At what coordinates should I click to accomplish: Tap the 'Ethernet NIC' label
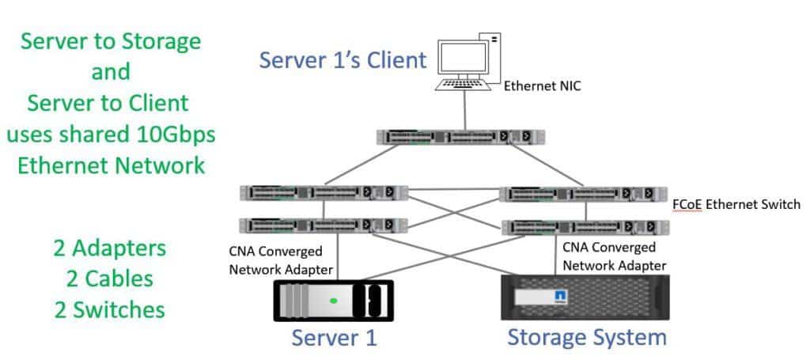(542, 85)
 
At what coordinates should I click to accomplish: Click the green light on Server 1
(335, 300)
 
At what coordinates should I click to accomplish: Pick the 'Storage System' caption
(586, 337)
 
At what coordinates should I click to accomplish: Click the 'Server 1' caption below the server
(334, 338)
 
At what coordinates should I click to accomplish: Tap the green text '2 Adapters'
(110, 248)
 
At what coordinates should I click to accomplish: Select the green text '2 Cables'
(110, 278)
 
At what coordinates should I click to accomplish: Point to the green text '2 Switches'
(110, 308)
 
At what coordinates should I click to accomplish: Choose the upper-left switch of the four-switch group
(324, 192)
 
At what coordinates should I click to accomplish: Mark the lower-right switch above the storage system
(586, 227)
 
